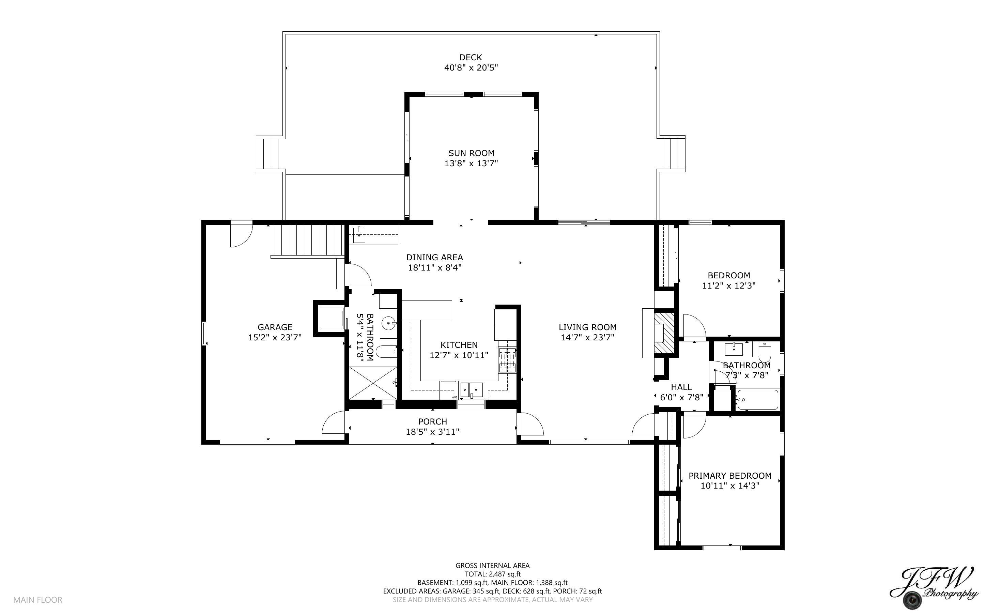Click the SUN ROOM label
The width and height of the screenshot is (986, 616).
click(471, 153)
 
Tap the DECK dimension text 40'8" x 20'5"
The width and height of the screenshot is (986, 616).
click(471, 67)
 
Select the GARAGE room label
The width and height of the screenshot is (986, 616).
click(275, 327)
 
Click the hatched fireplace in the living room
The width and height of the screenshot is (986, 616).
click(664, 333)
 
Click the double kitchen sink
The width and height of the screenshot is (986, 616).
click(471, 390)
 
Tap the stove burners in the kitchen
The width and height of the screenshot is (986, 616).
click(507, 360)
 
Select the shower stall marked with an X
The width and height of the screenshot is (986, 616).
click(373, 383)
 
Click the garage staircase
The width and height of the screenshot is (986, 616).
click(308, 241)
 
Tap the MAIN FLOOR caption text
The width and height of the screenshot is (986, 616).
click(38, 600)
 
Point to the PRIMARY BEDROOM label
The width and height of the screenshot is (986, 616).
click(730, 476)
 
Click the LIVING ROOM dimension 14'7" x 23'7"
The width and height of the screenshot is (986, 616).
click(587, 337)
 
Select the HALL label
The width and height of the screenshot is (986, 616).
click(681, 387)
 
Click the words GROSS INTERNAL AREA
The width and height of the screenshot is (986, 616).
click(492, 566)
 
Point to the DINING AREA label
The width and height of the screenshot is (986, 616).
click(434, 258)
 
